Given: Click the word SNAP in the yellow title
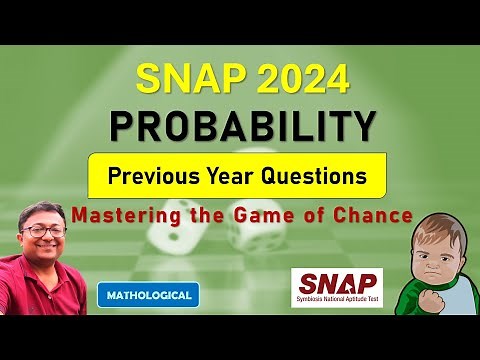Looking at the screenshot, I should (x=182, y=78).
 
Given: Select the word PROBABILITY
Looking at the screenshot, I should (x=241, y=125).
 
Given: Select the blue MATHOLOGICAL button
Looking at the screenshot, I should (x=148, y=294).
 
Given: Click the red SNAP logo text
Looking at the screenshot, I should (x=336, y=284).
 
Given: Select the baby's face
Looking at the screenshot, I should (x=441, y=244).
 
